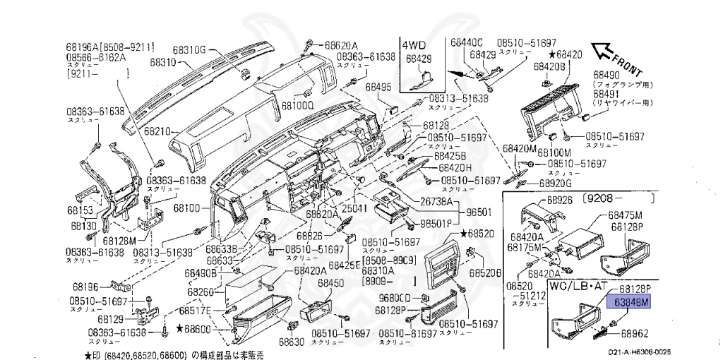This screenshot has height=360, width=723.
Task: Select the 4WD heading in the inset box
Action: click(x=414, y=44)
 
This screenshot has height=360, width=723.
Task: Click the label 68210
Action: click(x=158, y=132)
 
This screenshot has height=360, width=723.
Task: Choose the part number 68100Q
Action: click(x=297, y=105)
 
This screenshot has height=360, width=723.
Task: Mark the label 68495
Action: click(x=378, y=88)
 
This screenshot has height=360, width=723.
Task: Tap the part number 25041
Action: click(x=356, y=209)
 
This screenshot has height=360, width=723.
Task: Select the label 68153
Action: click(x=81, y=210)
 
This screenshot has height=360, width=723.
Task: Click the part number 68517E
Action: click(x=197, y=311)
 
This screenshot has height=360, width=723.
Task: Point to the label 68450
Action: click(x=330, y=283)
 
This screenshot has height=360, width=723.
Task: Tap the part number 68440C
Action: click(x=467, y=42)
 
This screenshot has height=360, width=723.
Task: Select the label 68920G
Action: click(x=555, y=182)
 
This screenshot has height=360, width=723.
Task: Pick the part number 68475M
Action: click(x=625, y=215)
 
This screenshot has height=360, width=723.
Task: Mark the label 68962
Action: click(x=634, y=332)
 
